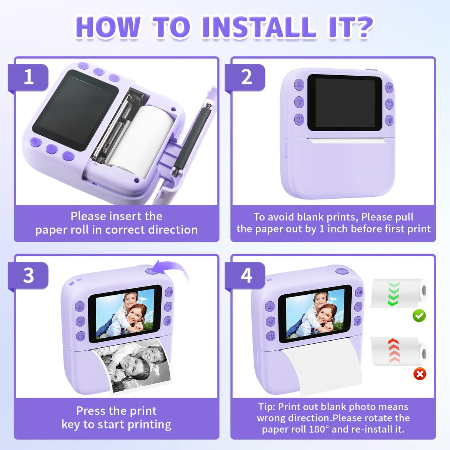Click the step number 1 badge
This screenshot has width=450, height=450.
(29, 77)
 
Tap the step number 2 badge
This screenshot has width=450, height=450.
(246, 77)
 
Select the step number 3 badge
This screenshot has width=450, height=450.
(29, 275)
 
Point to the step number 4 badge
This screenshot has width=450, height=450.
(246, 275)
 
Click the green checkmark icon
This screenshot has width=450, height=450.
(419, 315)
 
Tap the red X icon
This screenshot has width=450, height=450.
(420, 374)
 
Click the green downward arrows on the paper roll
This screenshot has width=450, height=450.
(394, 294)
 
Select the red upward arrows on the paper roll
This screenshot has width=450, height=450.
(394, 351)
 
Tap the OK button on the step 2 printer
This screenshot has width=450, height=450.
(390, 87)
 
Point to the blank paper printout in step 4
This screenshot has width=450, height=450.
(322, 367)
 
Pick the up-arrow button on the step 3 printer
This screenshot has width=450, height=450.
(80, 307)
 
